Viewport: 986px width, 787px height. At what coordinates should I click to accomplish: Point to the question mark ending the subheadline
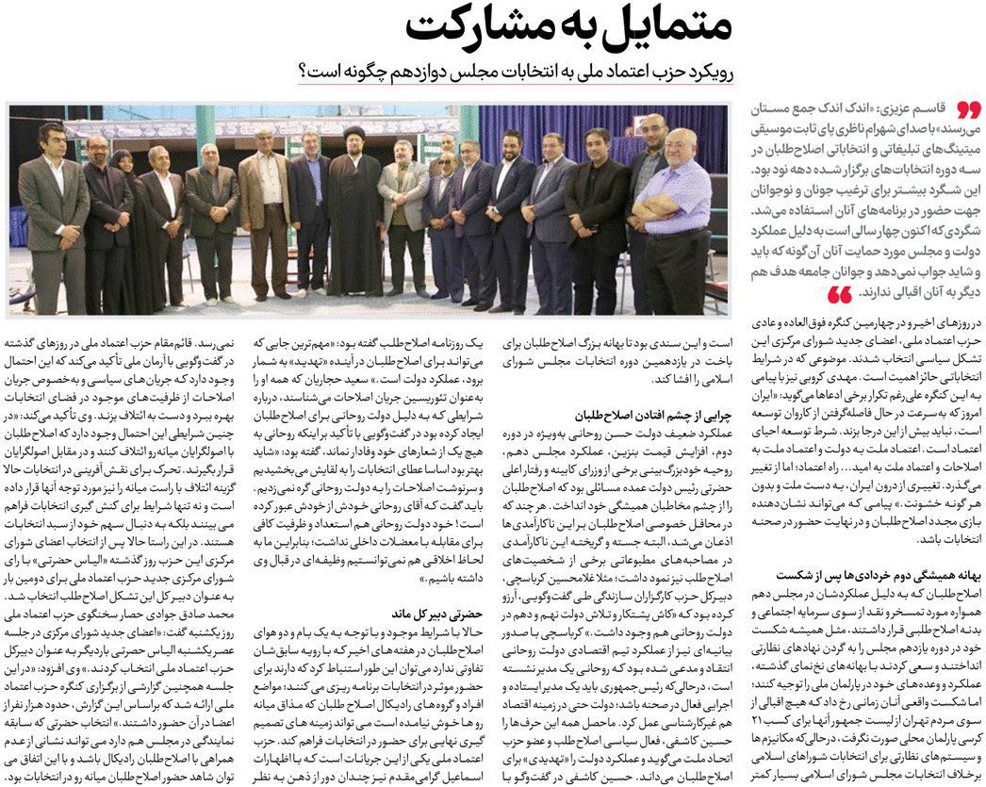point(304,73)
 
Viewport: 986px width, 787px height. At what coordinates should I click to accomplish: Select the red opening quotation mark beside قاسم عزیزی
point(966,109)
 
